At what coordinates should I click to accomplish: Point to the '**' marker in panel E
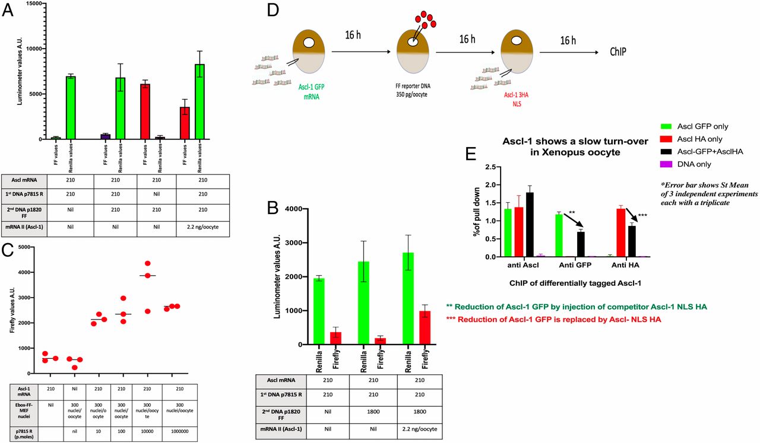[572, 212]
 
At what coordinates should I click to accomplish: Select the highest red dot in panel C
[147, 263]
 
